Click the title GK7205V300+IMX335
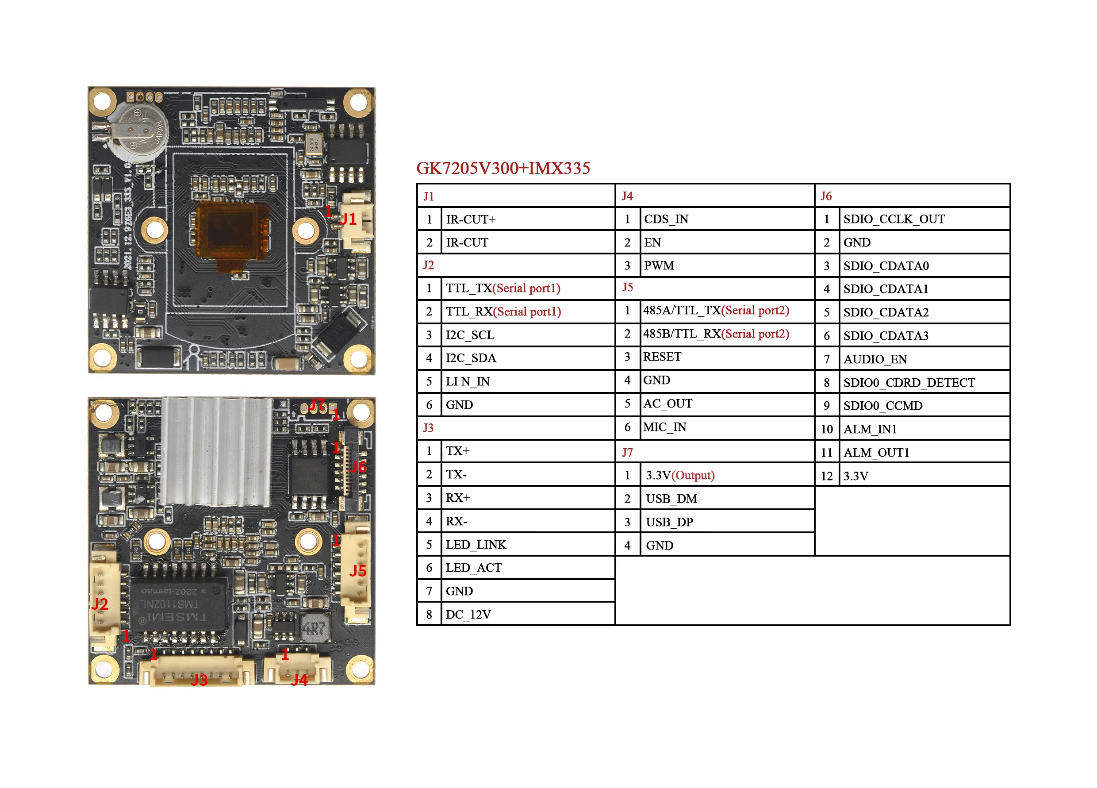click(503, 168)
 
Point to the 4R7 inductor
click(315, 628)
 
